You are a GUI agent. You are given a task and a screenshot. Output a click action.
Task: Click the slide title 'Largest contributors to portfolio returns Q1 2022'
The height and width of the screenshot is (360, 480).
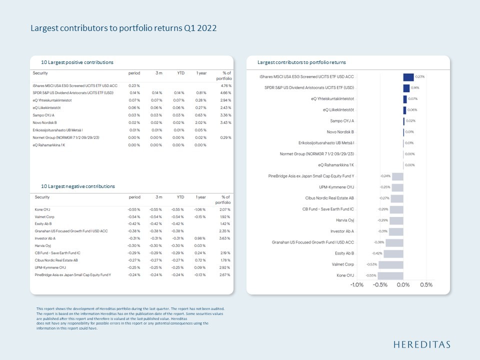click(123, 28)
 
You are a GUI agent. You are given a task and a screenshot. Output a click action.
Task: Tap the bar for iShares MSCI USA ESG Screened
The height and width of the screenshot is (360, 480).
click(408, 76)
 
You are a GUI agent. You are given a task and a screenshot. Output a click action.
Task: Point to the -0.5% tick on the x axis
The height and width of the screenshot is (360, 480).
click(380, 284)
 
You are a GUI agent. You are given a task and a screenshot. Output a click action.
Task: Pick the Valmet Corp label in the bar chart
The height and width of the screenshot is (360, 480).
click(342, 264)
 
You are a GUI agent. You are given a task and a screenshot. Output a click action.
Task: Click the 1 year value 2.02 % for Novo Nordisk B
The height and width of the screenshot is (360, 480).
click(200, 122)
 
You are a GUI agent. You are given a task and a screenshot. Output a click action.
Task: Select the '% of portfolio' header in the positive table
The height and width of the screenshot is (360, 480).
click(223, 76)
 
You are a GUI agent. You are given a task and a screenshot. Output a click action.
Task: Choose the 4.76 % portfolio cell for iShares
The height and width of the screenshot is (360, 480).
click(224, 85)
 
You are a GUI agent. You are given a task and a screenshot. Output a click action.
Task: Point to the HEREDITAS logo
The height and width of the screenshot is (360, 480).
click(421, 344)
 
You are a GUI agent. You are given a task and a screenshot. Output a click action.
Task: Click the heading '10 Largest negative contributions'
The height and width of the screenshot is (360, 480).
click(78, 186)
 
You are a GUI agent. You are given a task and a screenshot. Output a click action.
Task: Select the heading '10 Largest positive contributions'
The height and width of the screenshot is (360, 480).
click(77, 62)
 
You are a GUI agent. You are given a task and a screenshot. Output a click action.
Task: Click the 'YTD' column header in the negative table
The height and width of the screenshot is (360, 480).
click(180, 197)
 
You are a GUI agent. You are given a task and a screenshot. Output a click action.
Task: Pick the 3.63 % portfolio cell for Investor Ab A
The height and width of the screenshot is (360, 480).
click(224, 238)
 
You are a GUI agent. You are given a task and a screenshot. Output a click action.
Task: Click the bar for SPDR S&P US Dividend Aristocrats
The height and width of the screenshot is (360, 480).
click(406, 87)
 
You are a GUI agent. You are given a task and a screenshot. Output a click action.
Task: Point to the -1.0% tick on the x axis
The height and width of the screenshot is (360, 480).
click(356, 284)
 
